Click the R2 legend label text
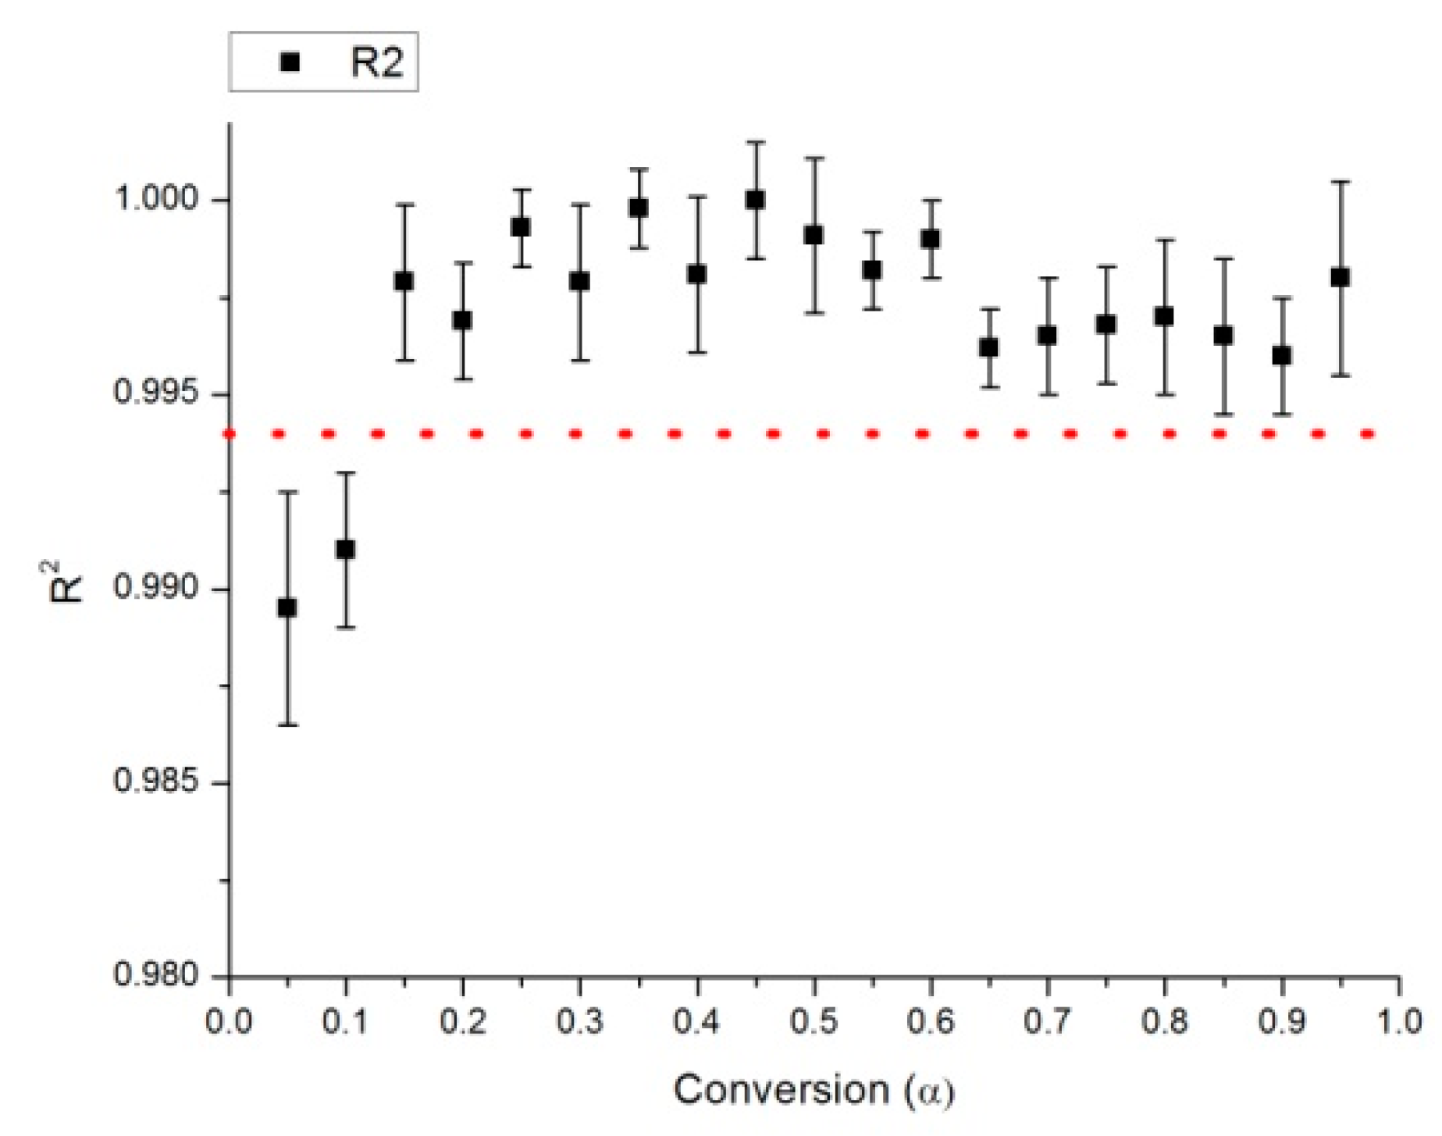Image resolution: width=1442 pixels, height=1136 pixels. pyautogui.click(x=376, y=62)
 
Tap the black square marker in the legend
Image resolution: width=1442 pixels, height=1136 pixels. pyautogui.click(x=290, y=62)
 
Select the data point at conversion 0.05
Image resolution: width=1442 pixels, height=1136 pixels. pyautogui.click(x=287, y=607)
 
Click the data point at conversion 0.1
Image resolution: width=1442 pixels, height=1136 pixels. pyautogui.click(x=345, y=550)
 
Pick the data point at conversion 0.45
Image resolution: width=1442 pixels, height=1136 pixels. pyautogui.click(x=755, y=200)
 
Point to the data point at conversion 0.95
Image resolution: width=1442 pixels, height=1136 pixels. pyautogui.click(x=1341, y=277)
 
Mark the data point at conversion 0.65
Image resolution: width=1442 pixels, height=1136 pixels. pyautogui.click(x=989, y=347)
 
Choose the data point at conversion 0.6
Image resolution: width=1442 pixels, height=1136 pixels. pyautogui.click(x=931, y=239)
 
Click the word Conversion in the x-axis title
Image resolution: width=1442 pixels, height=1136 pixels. pyautogui.click(x=781, y=1090)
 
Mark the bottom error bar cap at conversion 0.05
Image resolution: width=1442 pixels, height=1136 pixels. pyautogui.click(x=287, y=725)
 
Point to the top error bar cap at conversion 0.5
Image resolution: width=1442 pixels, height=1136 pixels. pyautogui.click(x=814, y=158)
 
